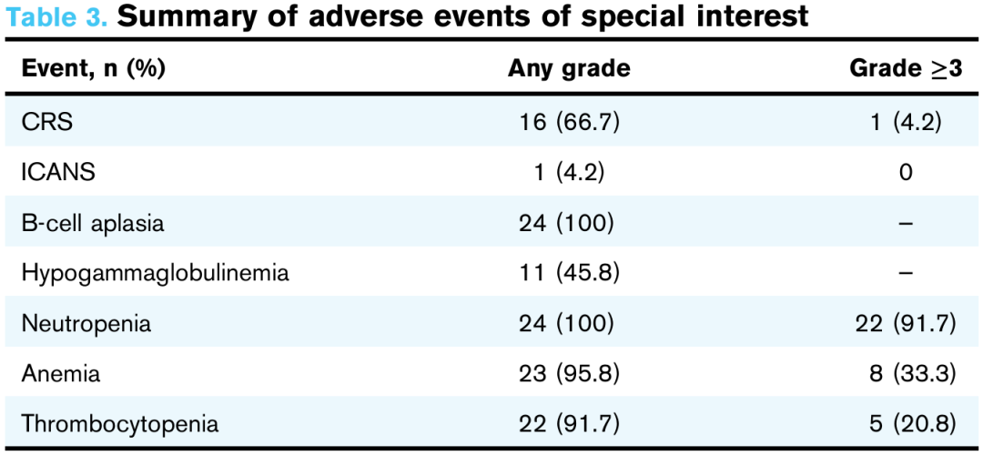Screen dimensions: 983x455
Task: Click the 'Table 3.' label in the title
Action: point(56,17)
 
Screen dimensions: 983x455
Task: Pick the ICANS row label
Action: point(58,172)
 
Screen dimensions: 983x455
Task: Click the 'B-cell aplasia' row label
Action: point(93,223)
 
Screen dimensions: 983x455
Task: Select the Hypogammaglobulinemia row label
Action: point(156,273)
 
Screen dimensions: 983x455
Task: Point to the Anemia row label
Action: point(61,374)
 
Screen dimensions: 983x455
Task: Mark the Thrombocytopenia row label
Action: point(120,424)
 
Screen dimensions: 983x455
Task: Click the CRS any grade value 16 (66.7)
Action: point(569,122)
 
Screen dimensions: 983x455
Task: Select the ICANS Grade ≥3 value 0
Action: point(905,172)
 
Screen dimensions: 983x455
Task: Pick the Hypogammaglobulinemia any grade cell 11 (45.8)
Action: point(569,273)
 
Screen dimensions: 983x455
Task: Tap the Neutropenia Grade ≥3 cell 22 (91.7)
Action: point(906,324)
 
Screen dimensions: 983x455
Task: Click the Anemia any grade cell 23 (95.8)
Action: point(569,374)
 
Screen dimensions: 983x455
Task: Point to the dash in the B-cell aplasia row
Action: point(905,224)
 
